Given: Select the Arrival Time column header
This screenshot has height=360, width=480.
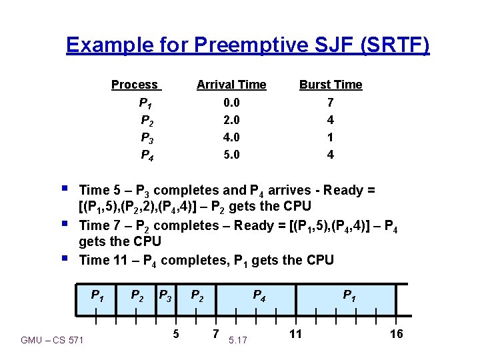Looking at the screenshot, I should pyautogui.click(x=231, y=85).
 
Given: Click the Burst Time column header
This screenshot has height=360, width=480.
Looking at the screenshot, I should pyautogui.click(x=331, y=85).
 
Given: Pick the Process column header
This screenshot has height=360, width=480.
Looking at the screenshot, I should pyautogui.click(x=135, y=85).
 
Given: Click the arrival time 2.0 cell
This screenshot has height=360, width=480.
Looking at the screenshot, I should pyautogui.click(x=231, y=120).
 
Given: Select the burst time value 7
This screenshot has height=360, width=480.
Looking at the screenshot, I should pyautogui.click(x=331, y=103).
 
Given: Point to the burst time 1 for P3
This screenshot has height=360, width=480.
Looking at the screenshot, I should pyautogui.click(x=331, y=137).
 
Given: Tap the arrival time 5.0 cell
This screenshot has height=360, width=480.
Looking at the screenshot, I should pyautogui.click(x=231, y=155).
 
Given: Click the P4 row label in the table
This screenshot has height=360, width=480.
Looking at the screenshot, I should pyautogui.click(x=145, y=155).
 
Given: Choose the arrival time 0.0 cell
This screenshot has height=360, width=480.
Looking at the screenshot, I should pyautogui.click(x=231, y=103).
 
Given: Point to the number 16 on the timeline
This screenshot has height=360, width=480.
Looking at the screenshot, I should pyautogui.click(x=396, y=333).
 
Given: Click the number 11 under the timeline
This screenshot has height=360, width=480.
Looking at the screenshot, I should pyautogui.click(x=295, y=333).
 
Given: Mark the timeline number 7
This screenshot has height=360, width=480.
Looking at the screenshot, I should pyautogui.click(x=215, y=333).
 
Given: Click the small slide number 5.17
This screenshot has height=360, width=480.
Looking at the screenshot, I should pyautogui.click(x=237, y=341).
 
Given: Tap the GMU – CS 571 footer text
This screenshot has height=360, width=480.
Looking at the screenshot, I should pyautogui.click(x=52, y=341).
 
